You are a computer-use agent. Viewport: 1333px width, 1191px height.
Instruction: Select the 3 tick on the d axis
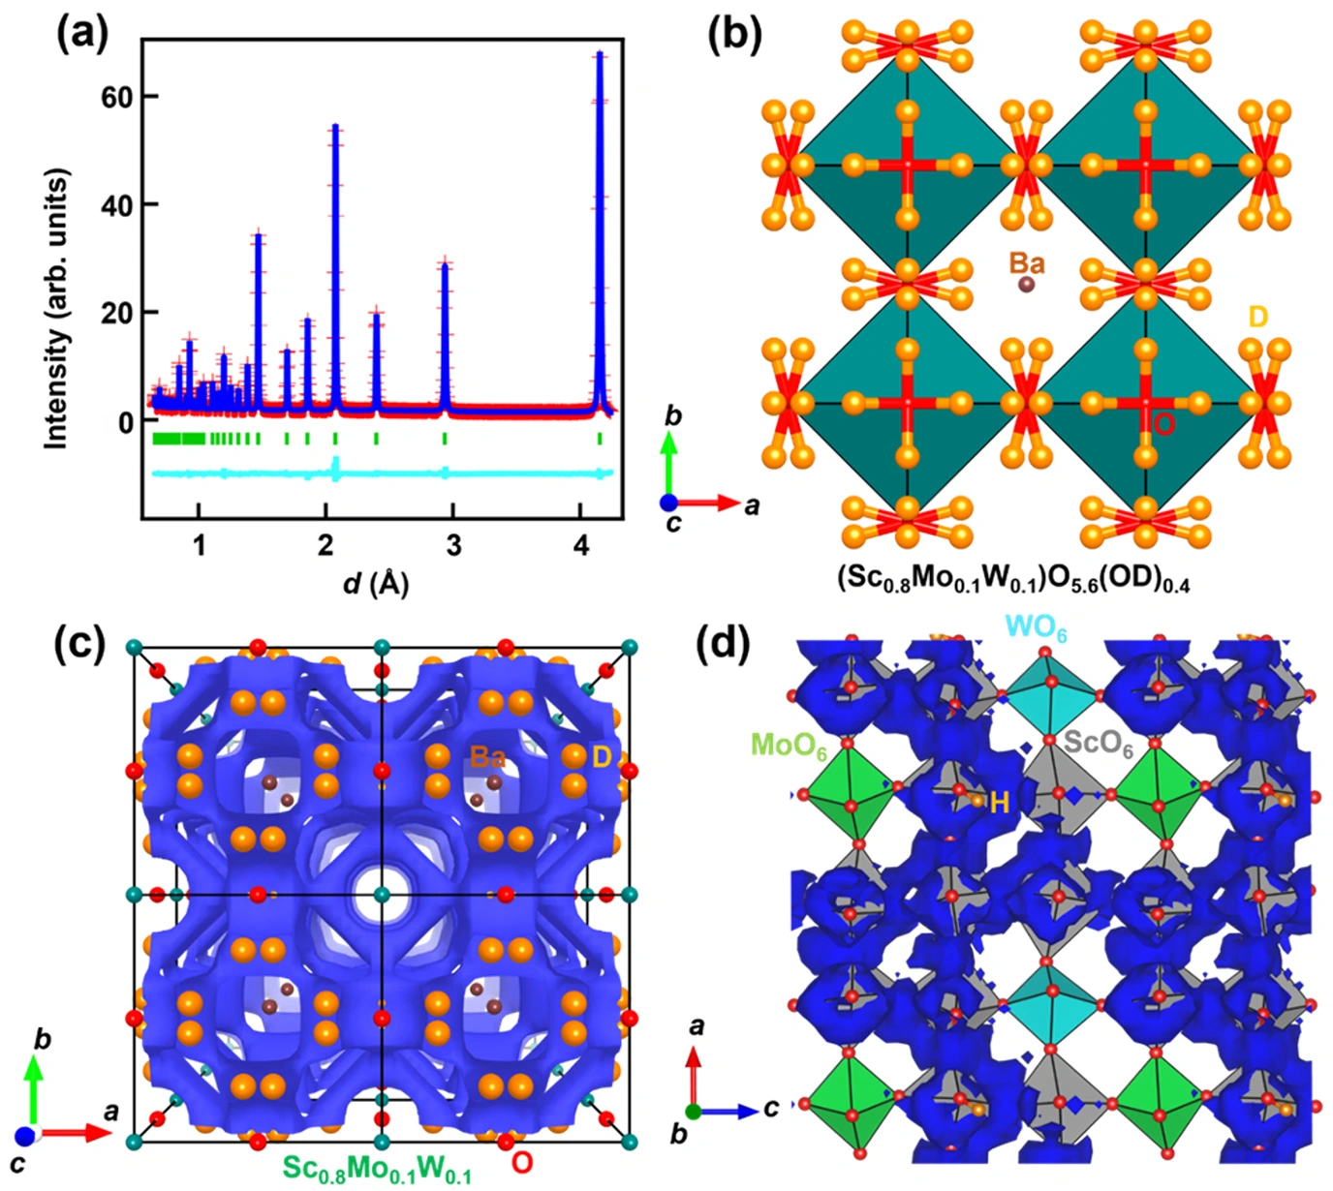tap(452, 544)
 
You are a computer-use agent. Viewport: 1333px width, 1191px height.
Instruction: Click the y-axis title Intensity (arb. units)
tap(57, 308)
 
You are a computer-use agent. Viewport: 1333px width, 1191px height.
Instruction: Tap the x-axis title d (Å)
tap(378, 583)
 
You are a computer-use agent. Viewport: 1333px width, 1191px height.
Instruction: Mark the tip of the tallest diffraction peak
tap(600, 53)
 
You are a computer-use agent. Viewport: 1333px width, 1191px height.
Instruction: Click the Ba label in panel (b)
tap(1027, 262)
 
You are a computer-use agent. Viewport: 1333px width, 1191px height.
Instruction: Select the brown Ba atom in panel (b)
tap(1026, 285)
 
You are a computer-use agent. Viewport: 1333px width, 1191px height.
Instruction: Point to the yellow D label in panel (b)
tap(1257, 317)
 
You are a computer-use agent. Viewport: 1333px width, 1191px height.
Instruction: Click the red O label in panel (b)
tap(1163, 422)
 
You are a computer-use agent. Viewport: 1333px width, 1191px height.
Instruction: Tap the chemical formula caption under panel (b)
tap(1013, 578)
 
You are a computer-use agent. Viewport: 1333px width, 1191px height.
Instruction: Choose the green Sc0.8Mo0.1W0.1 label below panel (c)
tap(377, 1169)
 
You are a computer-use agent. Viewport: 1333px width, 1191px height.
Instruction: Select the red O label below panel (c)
tap(521, 1162)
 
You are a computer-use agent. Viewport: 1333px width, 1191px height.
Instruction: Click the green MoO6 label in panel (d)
tap(788, 745)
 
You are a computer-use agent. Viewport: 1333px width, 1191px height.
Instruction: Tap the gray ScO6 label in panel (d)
tap(1099, 744)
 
